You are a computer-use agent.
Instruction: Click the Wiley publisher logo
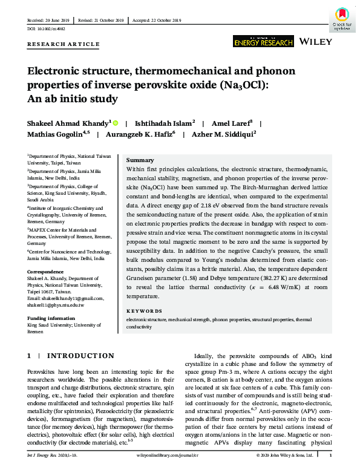tap(317, 42)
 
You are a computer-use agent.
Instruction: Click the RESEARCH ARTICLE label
tap(64, 44)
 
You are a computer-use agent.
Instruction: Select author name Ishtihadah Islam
tap(168, 122)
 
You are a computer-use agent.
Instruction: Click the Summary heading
tap(140, 160)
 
